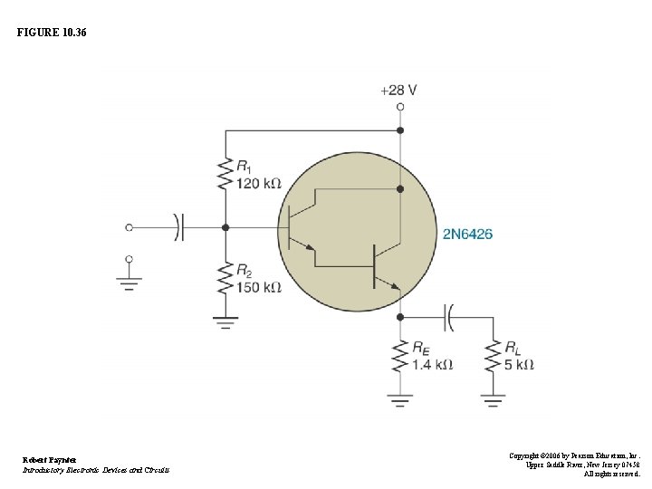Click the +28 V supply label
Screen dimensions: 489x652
398,90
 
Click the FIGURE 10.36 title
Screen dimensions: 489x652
52,33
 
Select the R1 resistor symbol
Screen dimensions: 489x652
225,175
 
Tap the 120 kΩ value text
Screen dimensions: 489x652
259,184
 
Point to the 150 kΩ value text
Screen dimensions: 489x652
259,288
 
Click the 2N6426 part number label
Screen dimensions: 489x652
467,235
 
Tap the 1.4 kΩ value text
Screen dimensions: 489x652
432,365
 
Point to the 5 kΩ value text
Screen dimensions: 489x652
519,365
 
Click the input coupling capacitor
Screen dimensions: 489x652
178,227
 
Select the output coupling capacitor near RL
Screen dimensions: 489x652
448,318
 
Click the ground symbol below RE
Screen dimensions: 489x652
400,398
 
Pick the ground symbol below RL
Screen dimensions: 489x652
493,398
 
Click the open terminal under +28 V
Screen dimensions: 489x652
400,107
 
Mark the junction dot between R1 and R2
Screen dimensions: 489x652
225,227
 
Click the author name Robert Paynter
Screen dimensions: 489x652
50,459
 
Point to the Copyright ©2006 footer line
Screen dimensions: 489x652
574,455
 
